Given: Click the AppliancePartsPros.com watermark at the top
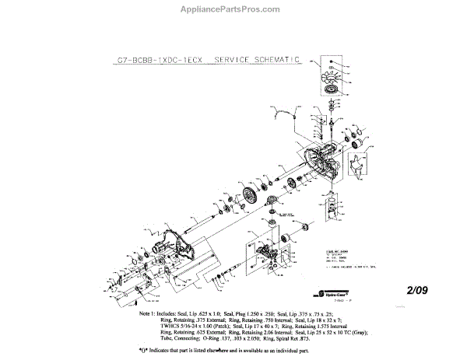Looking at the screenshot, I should pyautogui.click(x=234, y=12).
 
